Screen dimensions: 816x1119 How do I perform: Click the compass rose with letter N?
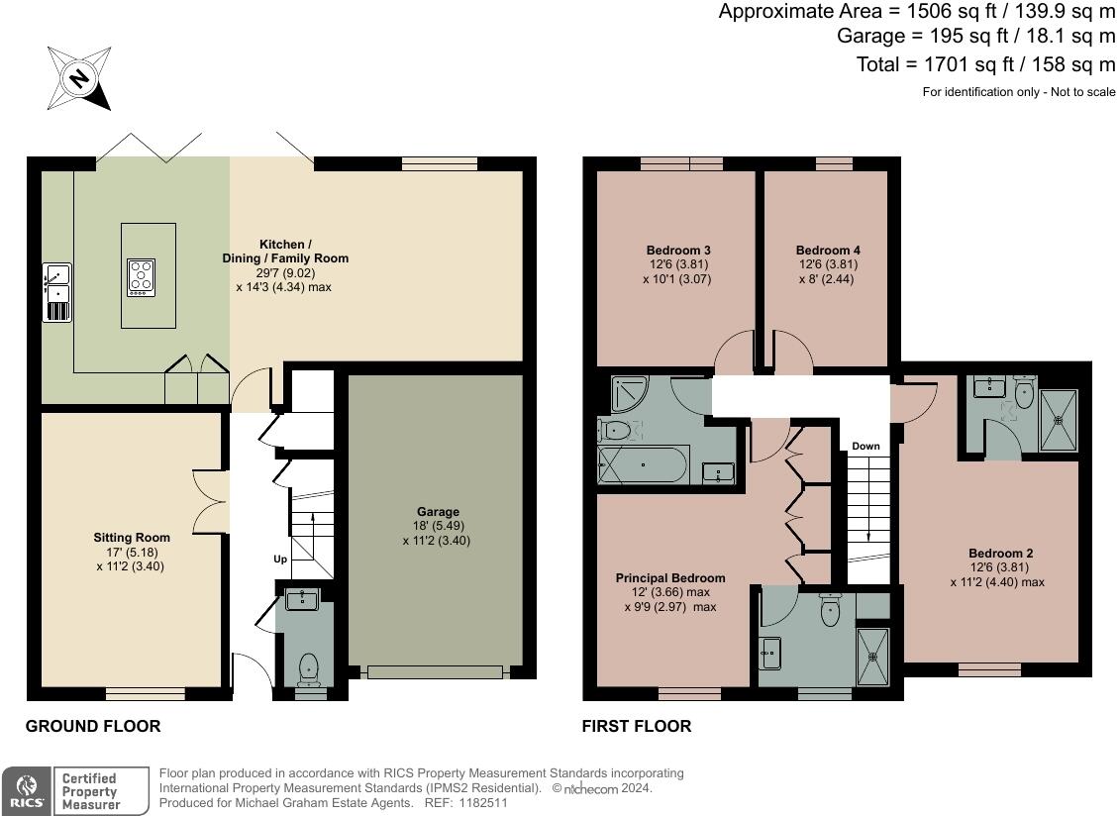click(78, 77)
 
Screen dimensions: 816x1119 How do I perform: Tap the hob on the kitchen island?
click(141, 276)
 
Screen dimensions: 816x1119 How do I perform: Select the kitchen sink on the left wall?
click(57, 291)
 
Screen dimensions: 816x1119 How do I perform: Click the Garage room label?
click(438, 512)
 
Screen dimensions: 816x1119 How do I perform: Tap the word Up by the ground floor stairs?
click(280, 560)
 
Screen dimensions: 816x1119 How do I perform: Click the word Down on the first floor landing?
click(865, 446)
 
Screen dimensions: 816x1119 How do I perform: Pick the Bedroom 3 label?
click(678, 251)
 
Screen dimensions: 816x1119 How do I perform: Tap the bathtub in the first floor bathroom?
click(644, 463)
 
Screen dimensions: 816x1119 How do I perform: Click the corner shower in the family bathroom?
click(628, 394)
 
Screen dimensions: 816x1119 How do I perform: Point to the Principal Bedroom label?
click(670, 577)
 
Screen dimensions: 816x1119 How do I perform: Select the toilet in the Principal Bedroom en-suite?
click(830, 611)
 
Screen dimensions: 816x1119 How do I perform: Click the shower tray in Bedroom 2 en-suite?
click(1059, 420)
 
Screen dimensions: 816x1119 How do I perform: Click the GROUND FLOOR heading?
click(93, 726)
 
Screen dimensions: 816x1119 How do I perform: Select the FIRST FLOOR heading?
click(637, 726)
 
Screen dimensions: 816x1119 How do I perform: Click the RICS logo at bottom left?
click(24, 791)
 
